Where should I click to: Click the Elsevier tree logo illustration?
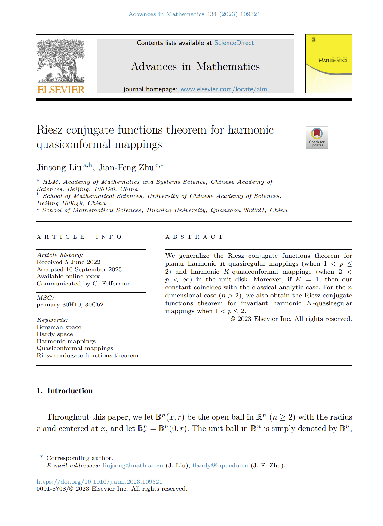point(61,61)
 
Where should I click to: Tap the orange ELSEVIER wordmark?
point(61,90)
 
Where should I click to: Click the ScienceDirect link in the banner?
point(234,43)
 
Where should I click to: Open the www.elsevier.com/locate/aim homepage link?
point(223,89)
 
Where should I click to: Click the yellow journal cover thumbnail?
point(329,63)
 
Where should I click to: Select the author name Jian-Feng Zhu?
point(126,167)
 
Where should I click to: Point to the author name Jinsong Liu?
point(59,167)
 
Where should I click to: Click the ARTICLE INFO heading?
point(79,237)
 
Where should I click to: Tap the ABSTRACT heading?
point(194,237)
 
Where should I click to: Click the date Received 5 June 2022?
point(69,262)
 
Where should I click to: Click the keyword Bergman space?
point(59,327)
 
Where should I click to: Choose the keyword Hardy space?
point(55,334)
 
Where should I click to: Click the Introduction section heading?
point(70,391)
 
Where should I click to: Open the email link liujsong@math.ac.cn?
point(133,465)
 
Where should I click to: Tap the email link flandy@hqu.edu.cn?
point(220,465)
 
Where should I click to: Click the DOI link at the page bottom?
point(99,481)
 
